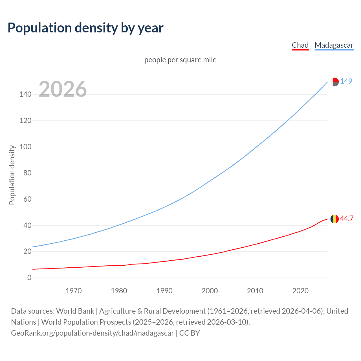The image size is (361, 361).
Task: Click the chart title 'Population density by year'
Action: [x=85, y=28]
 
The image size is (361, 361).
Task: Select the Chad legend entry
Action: [x=300, y=45]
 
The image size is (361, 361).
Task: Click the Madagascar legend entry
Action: [x=334, y=45]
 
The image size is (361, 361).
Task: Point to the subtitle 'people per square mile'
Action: [x=180, y=60]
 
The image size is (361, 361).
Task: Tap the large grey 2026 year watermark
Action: [x=63, y=89]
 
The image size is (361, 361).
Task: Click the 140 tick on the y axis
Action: [x=25, y=94]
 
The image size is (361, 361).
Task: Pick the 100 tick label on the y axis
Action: [x=25, y=147]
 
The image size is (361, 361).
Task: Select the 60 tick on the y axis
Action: [x=27, y=199]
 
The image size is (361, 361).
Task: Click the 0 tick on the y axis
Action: [x=29, y=278]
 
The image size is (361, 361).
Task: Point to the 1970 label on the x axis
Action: [x=74, y=291]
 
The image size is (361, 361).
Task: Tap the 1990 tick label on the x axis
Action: [x=164, y=291]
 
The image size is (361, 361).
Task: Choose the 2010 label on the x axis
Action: [x=255, y=291]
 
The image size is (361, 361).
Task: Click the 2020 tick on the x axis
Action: [x=300, y=291]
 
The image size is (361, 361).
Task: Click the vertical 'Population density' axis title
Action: [x=12, y=175]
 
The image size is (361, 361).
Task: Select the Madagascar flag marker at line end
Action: [x=334, y=82]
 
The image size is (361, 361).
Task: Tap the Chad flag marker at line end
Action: [x=334, y=219]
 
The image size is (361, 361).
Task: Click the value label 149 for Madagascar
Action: [x=346, y=81]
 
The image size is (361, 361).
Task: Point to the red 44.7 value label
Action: [x=347, y=219]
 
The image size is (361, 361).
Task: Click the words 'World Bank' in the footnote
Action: [x=75, y=311]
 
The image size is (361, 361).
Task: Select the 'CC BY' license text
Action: [x=190, y=333]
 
